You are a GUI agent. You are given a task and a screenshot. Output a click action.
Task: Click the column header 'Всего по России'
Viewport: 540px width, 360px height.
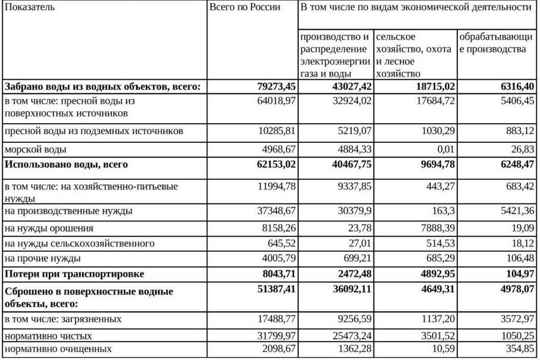coord(245,8)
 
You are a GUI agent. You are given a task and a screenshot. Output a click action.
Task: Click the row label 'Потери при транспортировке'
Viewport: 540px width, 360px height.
coord(74,274)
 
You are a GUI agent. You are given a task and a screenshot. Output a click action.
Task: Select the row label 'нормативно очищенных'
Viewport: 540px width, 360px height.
coord(58,349)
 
